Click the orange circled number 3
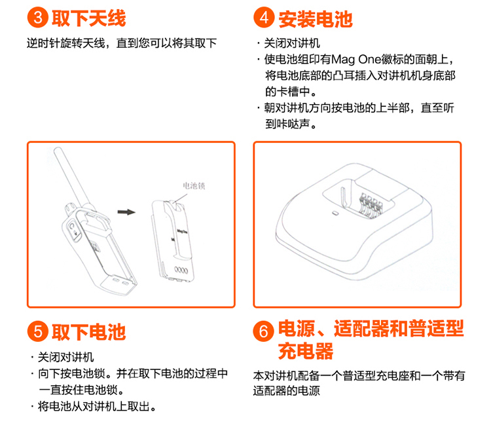click(x=37, y=18)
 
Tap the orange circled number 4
click(x=264, y=18)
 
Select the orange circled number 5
click(x=37, y=331)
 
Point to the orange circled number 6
click(x=263, y=331)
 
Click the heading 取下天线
click(x=88, y=18)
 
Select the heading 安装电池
click(x=316, y=19)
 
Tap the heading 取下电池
click(x=88, y=332)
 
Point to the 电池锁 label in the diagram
click(x=194, y=186)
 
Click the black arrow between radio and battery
click(x=126, y=212)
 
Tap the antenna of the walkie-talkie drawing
click(x=71, y=176)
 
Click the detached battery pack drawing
click(x=173, y=240)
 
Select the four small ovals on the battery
click(x=181, y=270)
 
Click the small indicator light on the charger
click(x=335, y=213)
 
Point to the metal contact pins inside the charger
click(x=371, y=204)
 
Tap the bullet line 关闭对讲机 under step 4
click(x=289, y=43)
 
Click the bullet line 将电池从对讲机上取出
click(x=94, y=406)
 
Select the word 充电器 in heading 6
click(x=306, y=351)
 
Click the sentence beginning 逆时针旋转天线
click(x=122, y=43)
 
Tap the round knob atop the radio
click(x=70, y=208)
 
